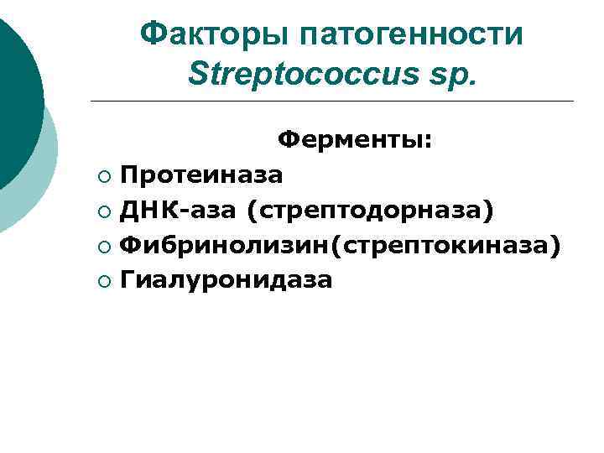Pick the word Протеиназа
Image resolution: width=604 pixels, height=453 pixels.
pos(201,174)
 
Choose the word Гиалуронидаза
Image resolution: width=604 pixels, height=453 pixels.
pos(226,279)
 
